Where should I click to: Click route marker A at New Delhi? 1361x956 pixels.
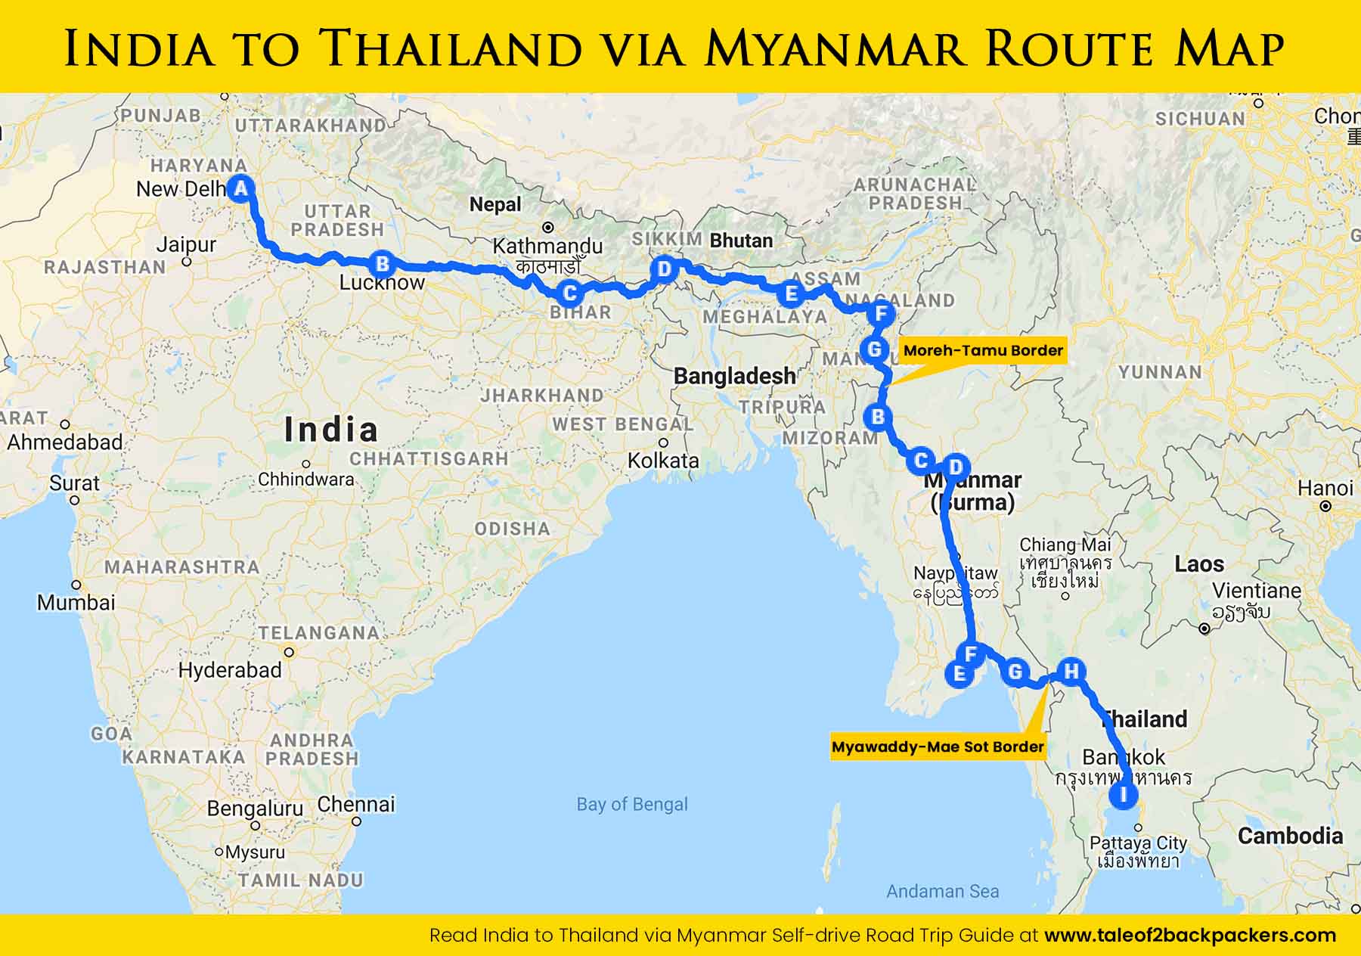pyautogui.click(x=240, y=188)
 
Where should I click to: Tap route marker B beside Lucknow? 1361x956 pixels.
pyautogui.click(x=383, y=264)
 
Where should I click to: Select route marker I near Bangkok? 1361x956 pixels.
pyautogui.click(x=1123, y=795)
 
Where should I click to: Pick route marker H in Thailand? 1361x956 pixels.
pyautogui.click(x=1071, y=671)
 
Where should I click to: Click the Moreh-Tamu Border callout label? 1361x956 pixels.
pyautogui.click(x=983, y=350)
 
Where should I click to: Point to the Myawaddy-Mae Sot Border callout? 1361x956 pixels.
pyautogui.click(x=938, y=746)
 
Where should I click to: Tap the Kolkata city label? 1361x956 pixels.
pyautogui.click(x=663, y=460)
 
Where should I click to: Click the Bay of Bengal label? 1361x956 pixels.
pyautogui.click(x=632, y=804)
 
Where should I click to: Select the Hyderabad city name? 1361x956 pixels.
pyautogui.click(x=230, y=670)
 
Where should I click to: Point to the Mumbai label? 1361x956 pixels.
pyautogui.click(x=76, y=602)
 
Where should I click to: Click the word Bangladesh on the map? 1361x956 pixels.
pyautogui.click(x=734, y=376)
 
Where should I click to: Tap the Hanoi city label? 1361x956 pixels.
pyautogui.click(x=1325, y=489)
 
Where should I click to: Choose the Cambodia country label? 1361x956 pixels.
pyautogui.click(x=1290, y=836)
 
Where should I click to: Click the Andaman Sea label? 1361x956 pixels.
pyautogui.click(x=942, y=892)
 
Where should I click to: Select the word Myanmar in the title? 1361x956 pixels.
pyautogui.click(x=838, y=48)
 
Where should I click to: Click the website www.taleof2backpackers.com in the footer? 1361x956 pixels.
pyautogui.click(x=1189, y=936)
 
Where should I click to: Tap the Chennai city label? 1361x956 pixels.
pyautogui.click(x=356, y=804)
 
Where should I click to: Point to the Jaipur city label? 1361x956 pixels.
pyautogui.click(x=186, y=245)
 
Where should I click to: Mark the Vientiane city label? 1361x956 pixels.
pyautogui.click(x=1257, y=591)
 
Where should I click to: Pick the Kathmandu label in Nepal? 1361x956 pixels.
pyautogui.click(x=547, y=246)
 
